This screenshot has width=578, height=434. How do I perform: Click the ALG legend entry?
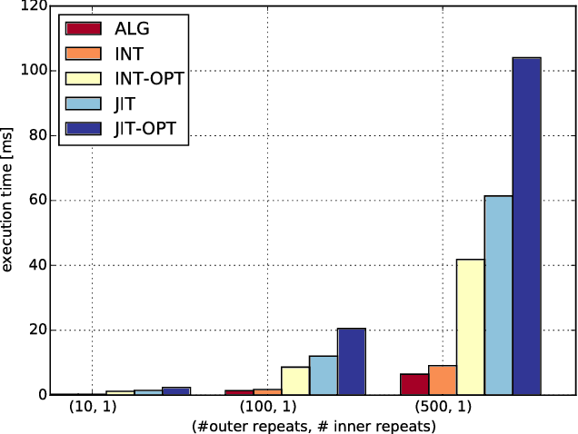[x=131, y=28]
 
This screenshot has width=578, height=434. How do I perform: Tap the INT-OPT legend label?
[x=149, y=80]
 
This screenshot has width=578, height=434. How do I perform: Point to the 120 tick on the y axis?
[x=35, y=6]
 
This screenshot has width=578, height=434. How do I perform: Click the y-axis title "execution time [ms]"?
[x=9, y=200]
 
